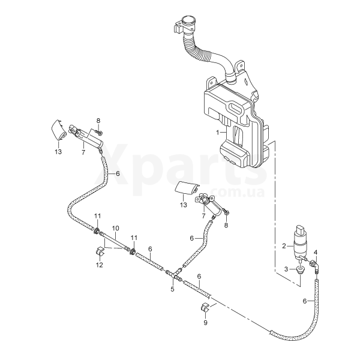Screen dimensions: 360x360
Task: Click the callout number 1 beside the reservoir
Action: [x=218, y=131]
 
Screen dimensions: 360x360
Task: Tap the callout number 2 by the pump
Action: [x=284, y=245]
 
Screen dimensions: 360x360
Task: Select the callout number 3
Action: [x=286, y=268]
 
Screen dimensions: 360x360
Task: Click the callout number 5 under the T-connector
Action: [x=172, y=289]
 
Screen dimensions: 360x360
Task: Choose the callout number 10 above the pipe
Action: [x=116, y=228]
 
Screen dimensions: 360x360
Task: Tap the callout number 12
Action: [x=100, y=264]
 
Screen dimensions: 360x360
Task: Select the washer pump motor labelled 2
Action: [x=301, y=241]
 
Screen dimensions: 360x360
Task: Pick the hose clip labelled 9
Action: [x=205, y=309]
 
